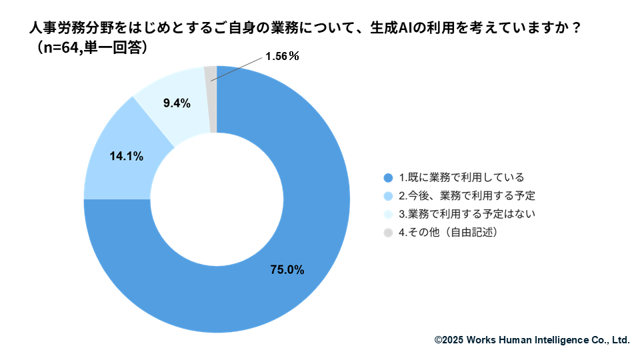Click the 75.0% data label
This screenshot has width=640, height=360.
pyautogui.click(x=287, y=270)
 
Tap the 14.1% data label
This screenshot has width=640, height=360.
pyautogui.click(x=126, y=157)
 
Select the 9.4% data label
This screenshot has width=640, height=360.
pyautogui.click(x=177, y=103)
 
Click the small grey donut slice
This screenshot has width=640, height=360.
pyautogui.click(x=211, y=100)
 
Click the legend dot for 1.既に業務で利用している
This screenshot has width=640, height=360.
pyautogui.click(x=388, y=178)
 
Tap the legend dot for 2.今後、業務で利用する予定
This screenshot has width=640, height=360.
pyautogui.click(x=388, y=196)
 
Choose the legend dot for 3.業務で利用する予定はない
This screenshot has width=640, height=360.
pyautogui.click(x=388, y=215)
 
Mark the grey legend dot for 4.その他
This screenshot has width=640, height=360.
pyautogui.click(x=388, y=233)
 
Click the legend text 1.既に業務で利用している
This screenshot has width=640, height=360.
pyautogui.click(x=461, y=178)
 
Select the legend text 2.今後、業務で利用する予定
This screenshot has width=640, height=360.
pyautogui.click(x=467, y=196)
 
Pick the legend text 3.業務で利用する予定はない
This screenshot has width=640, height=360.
pyautogui.click(x=467, y=215)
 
